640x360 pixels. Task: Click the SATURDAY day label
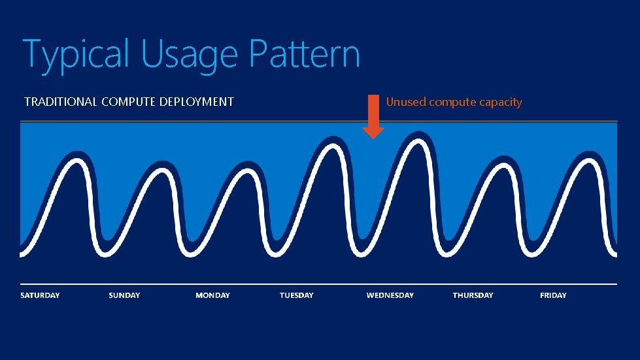click(x=40, y=295)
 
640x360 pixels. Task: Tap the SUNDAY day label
click(x=124, y=295)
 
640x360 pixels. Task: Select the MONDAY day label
click(x=212, y=295)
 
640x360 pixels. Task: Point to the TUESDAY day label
click(x=296, y=295)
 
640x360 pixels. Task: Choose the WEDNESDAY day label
click(x=390, y=295)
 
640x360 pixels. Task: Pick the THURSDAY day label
click(x=473, y=295)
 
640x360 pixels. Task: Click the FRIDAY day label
click(x=553, y=295)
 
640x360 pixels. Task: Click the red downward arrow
click(x=373, y=117)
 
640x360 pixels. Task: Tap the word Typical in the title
click(x=76, y=55)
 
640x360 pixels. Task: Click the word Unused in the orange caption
click(x=406, y=102)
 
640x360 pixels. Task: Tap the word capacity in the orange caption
click(x=499, y=102)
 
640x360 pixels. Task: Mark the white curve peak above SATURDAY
click(x=73, y=161)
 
